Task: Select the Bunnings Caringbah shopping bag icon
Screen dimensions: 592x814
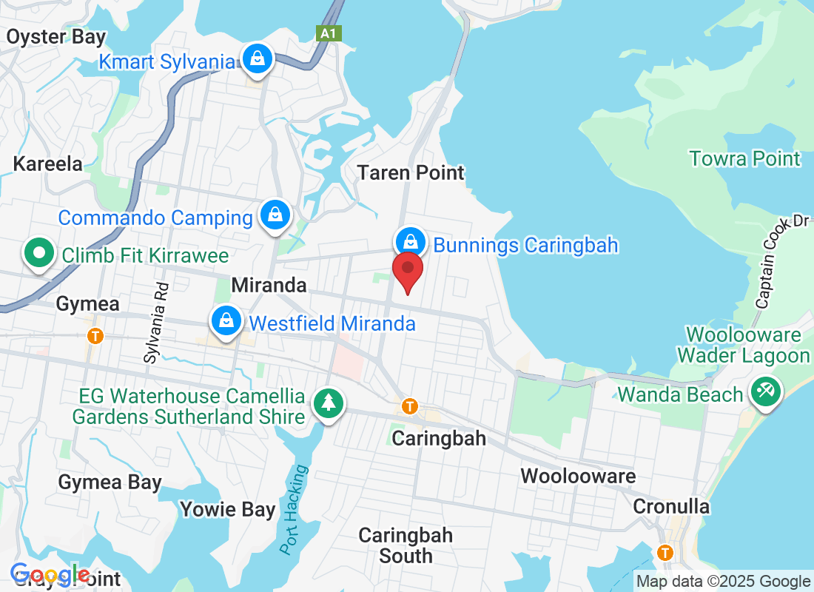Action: coord(409,241)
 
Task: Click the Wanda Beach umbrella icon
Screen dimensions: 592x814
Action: coord(764,390)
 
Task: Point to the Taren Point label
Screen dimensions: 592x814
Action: coord(411,172)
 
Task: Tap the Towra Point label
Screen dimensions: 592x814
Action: coord(744,158)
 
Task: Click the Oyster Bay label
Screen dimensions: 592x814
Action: coord(56,36)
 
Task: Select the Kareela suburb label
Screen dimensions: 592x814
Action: coord(48,164)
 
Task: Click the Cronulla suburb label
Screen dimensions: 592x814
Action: coord(671,507)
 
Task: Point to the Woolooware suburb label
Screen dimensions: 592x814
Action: coord(578,475)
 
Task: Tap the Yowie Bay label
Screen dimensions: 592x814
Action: coord(228,509)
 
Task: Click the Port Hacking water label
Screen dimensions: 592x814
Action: coord(293,509)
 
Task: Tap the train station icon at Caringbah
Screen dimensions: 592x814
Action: coord(409,406)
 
